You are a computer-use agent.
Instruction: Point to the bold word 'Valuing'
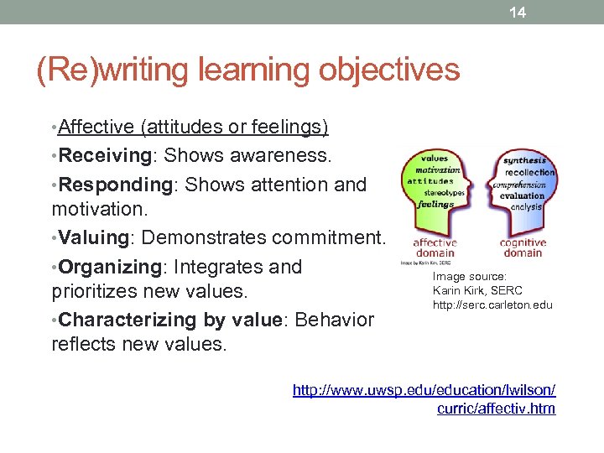pyautogui.click(x=93, y=237)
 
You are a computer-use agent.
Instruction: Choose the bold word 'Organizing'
pyautogui.click(x=112, y=267)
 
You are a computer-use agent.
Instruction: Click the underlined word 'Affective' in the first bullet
pyautogui.click(x=96, y=128)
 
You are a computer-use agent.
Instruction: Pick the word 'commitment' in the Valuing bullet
pyautogui.click(x=335, y=237)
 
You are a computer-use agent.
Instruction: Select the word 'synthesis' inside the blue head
pyautogui.click(x=525, y=160)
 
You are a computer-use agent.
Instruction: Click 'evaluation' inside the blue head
pyautogui.click(x=523, y=195)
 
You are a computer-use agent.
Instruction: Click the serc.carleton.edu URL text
pyautogui.click(x=492, y=305)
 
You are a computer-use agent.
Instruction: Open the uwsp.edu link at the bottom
pyautogui.click(x=424, y=399)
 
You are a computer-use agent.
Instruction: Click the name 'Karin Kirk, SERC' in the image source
pyautogui.click(x=476, y=290)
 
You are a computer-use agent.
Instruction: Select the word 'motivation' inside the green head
pyautogui.click(x=434, y=169)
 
